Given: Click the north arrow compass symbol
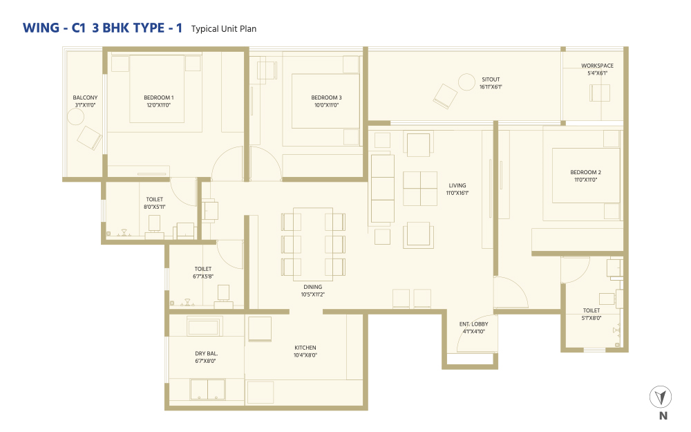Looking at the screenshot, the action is pyautogui.click(x=660, y=397).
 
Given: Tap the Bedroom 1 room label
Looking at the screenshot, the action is pyautogui.click(x=159, y=97).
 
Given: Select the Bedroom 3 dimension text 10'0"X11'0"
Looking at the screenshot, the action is pyautogui.click(x=327, y=105).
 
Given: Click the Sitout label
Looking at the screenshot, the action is pyautogui.click(x=491, y=79).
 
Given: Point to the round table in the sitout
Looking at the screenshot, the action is pyautogui.click(x=466, y=82).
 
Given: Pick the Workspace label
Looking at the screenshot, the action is pyautogui.click(x=597, y=66).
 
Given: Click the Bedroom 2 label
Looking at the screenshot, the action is pyautogui.click(x=586, y=172).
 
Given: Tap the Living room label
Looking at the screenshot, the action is pyautogui.click(x=457, y=185).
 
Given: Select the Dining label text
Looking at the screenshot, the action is pyautogui.click(x=312, y=287).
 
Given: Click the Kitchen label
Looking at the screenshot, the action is pyautogui.click(x=305, y=348).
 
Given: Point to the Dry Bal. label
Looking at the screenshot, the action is pyautogui.click(x=206, y=353).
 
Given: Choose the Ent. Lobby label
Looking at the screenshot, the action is pyautogui.click(x=474, y=324).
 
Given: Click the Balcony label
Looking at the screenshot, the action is pyautogui.click(x=85, y=97).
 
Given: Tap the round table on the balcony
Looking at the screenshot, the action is pyautogui.click(x=75, y=117).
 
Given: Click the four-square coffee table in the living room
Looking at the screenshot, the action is pyautogui.click(x=420, y=188).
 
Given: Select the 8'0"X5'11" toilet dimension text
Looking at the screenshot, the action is pyautogui.click(x=154, y=207).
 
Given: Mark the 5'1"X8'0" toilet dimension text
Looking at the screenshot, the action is pyautogui.click(x=591, y=318).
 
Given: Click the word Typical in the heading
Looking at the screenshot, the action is pyautogui.click(x=205, y=29).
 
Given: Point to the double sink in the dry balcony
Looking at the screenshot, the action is pyautogui.click(x=207, y=389).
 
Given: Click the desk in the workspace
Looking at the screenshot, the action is pyautogui.click(x=600, y=93).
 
